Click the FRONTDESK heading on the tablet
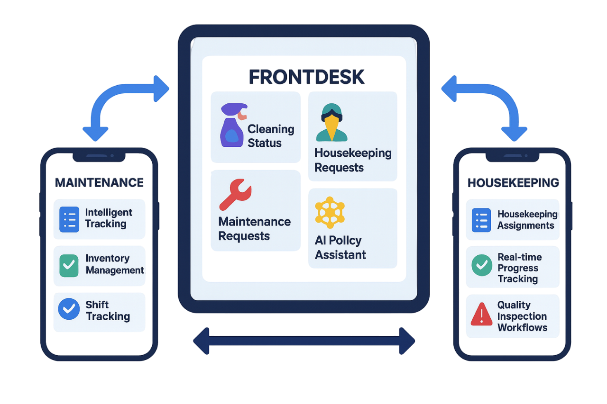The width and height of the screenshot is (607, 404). pyautogui.click(x=306, y=77)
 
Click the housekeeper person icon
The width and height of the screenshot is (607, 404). pyautogui.click(x=331, y=123)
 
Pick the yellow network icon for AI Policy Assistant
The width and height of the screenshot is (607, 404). pyautogui.click(x=330, y=213)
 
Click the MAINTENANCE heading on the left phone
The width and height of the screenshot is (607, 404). pyautogui.click(x=99, y=182)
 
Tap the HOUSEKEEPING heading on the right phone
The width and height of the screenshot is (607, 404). pyautogui.click(x=513, y=183)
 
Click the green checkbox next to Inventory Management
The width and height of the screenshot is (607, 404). pyautogui.click(x=69, y=266)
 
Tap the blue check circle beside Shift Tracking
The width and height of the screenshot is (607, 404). pyautogui.click(x=69, y=309)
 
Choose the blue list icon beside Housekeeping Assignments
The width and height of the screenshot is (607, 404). pyautogui.click(x=481, y=220)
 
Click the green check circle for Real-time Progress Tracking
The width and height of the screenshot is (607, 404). pyautogui.click(x=482, y=266)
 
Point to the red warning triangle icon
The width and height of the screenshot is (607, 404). pyautogui.click(x=482, y=314)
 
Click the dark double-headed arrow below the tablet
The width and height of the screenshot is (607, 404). pyautogui.click(x=304, y=341)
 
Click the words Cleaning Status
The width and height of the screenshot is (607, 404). pyautogui.click(x=271, y=136)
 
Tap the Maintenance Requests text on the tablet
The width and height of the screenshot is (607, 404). pyautogui.click(x=254, y=229)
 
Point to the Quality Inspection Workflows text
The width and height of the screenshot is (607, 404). pyautogui.click(x=522, y=316)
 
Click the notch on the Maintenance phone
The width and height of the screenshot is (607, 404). pyautogui.click(x=99, y=155)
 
